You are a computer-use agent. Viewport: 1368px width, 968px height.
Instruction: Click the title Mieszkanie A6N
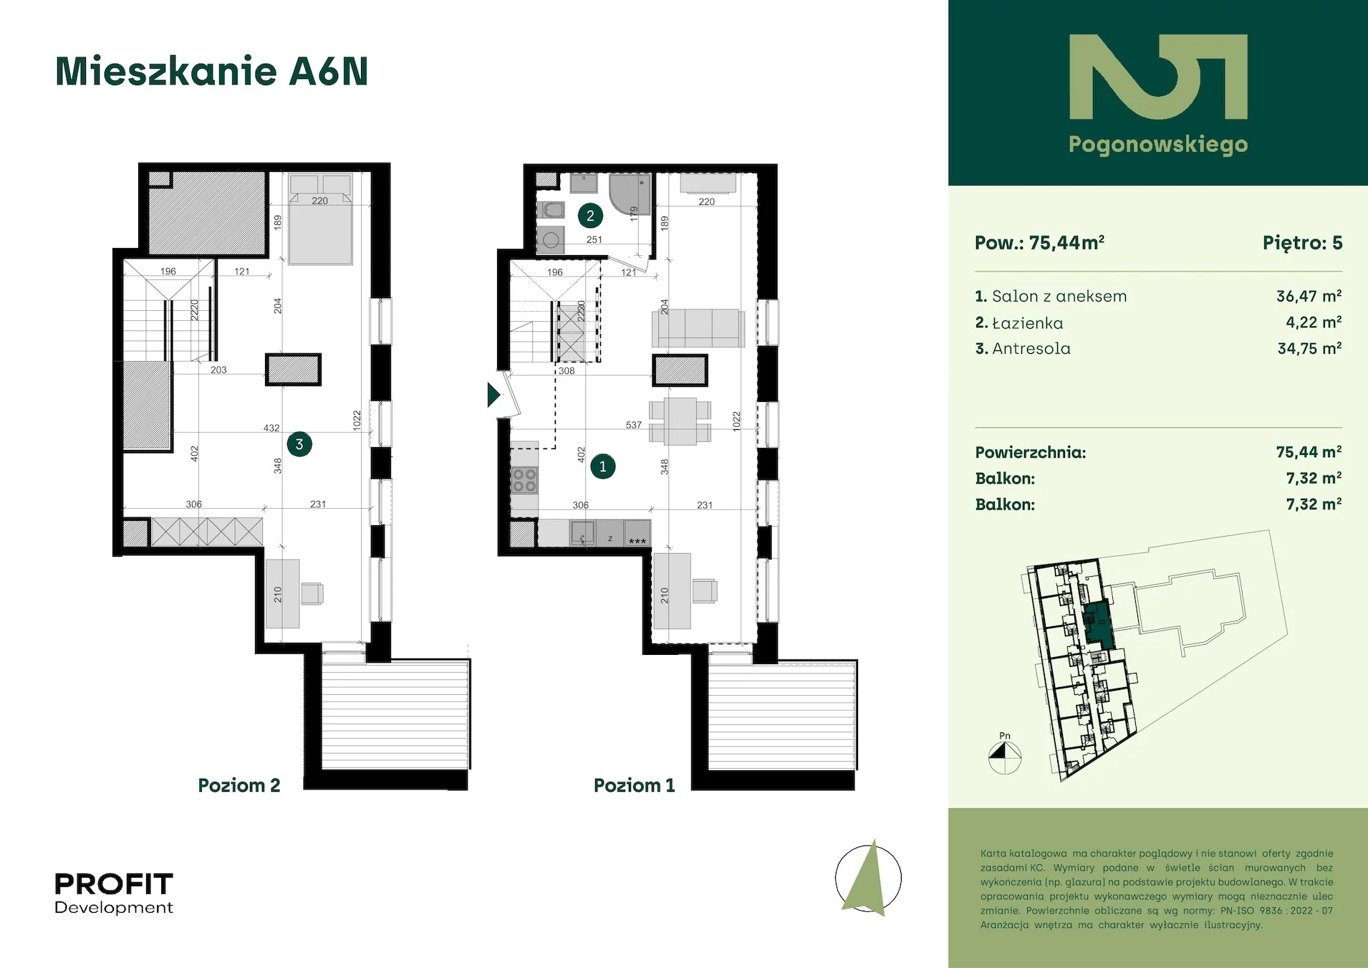click(211, 71)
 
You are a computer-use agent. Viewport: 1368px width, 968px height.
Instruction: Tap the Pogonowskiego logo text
click(1158, 145)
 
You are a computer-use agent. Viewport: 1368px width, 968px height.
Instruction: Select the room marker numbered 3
click(299, 444)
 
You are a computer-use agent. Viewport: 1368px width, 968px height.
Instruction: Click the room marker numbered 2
click(590, 215)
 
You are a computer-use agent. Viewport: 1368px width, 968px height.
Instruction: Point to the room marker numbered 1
click(603, 466)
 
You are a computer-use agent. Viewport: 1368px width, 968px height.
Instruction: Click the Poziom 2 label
click(239, 785)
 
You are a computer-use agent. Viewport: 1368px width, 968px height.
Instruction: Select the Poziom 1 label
click(635, 785)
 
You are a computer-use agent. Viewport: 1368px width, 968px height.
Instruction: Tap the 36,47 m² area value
click(1309, 296)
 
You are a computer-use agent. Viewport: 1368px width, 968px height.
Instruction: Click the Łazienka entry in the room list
click(1019, 322)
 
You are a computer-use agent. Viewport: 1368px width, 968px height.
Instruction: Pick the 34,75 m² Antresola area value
click(1309, 348)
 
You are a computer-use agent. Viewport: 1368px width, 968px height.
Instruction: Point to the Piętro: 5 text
click(1302, 243)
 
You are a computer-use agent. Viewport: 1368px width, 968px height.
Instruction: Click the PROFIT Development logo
click(114, 893)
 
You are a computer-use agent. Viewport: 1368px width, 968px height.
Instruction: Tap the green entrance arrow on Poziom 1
click(493, 395)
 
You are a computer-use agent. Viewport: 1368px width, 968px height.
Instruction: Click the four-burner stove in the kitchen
click(524, 480)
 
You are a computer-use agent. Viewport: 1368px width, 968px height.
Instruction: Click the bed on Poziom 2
click(320, 219)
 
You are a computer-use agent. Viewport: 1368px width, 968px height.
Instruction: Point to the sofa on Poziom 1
click(698, 328)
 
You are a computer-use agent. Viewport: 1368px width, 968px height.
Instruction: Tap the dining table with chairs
click(680, 421)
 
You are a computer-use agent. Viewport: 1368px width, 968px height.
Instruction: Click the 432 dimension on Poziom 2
click(271, 428)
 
